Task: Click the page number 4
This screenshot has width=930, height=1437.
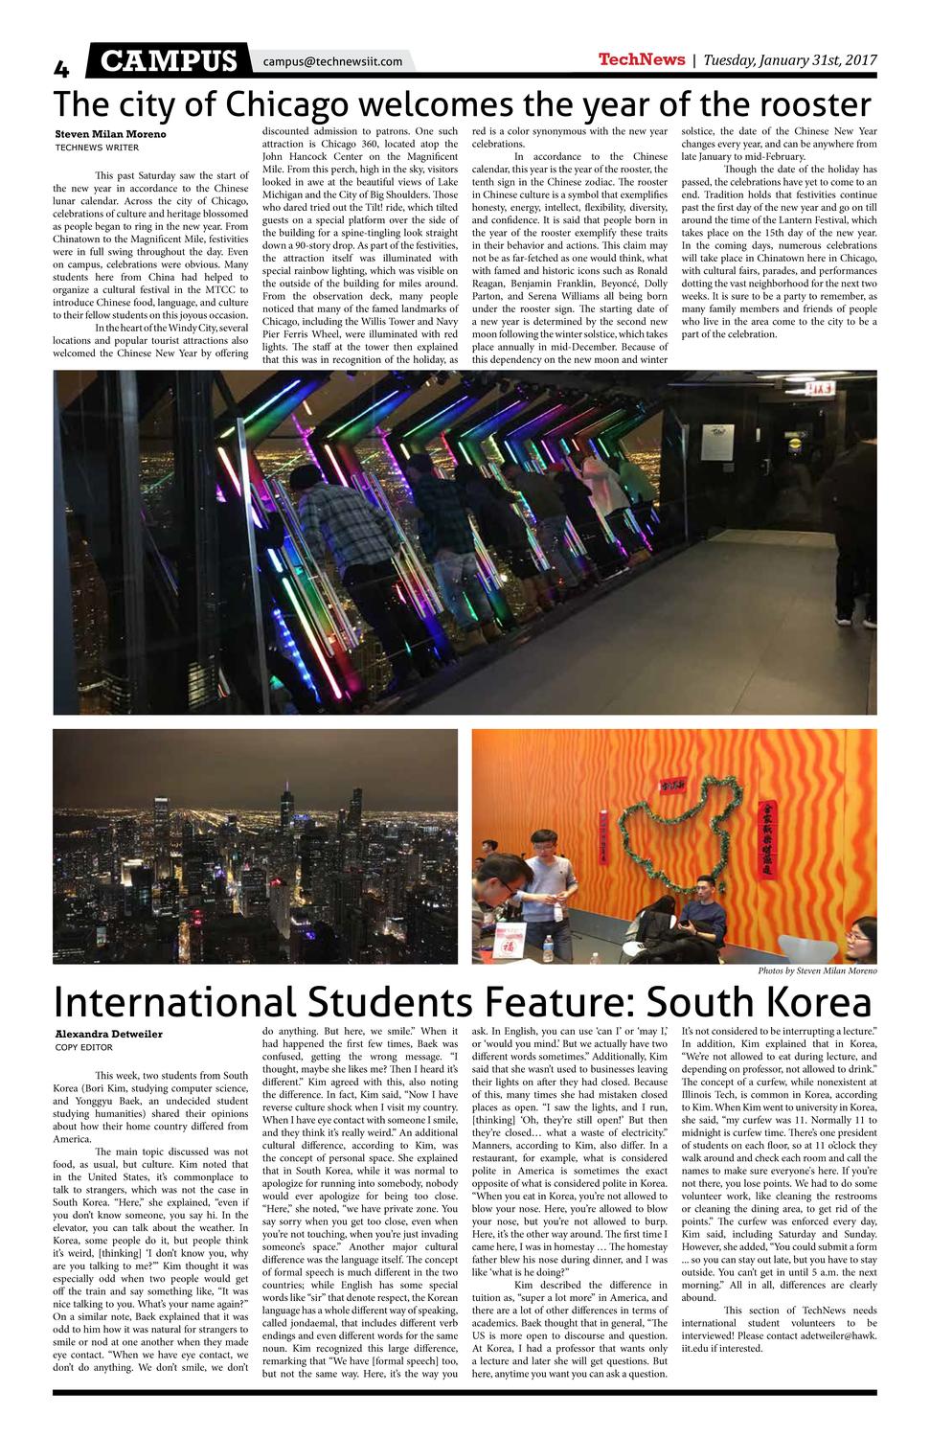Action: (x=61, y=67)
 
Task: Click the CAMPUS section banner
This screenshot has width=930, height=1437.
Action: (x=169, y=61)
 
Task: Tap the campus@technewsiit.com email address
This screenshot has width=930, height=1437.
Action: (x=332, y=61)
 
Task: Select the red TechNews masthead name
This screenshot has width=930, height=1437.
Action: (x=641, y=59)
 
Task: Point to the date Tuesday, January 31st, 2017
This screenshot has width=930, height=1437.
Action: (x=790, y=60)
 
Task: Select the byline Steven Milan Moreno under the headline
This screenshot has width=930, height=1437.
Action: (x=110, y=134)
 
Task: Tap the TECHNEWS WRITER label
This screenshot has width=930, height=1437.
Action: (x=97, y=148)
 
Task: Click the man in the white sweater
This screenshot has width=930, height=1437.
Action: (x=542, y=881)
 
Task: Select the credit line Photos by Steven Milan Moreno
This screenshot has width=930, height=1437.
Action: (x=817, y=970)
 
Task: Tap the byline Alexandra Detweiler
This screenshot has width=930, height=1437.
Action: (x=108, y=1034)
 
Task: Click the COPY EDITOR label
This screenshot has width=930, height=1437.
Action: (x=84, y=1047)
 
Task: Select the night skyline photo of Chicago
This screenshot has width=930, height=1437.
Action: (x=255, y=847)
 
